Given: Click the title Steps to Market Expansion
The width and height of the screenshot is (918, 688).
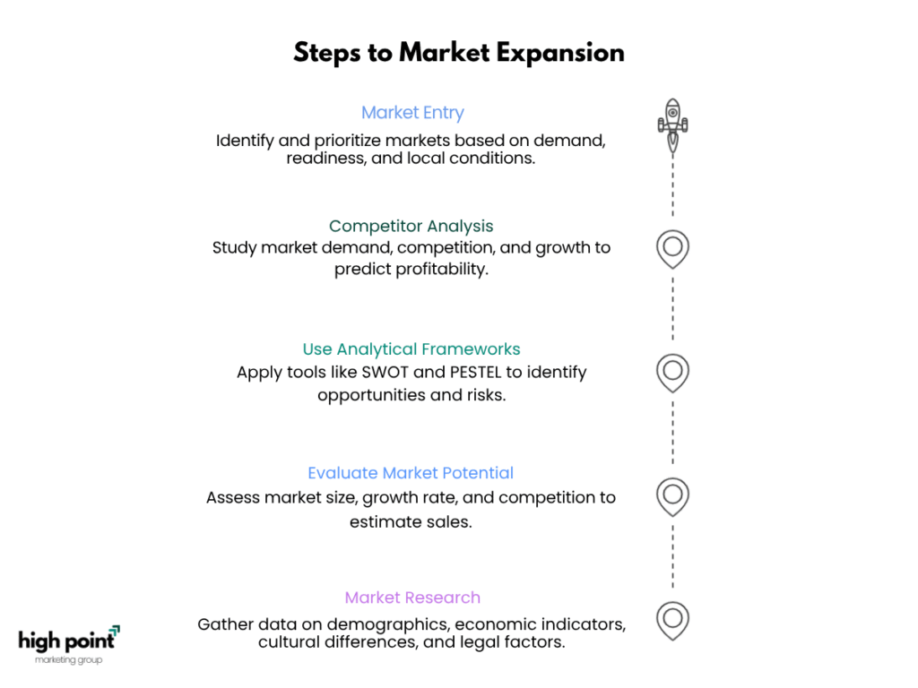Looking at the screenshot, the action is tap(459, 53).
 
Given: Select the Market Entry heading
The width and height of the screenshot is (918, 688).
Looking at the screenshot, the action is tap(412, 112).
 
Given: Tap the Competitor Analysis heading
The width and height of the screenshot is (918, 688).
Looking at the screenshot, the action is tap(411, 226).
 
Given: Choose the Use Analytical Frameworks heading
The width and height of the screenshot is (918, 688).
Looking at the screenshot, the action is tap(411, 348).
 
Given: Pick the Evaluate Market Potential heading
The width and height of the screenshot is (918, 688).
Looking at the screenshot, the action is tap(411, 473).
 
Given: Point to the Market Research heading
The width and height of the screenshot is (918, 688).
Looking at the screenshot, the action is tap(412, 598).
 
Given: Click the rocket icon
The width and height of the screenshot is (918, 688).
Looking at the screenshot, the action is tap(672, 125).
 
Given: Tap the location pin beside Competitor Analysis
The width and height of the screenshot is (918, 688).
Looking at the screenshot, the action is tap(672, 249).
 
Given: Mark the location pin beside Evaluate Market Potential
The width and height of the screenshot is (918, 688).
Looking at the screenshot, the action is tap(672, 497).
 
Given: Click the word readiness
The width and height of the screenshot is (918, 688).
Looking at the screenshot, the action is tap(325, 158).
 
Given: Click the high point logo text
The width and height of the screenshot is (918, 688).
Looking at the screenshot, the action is tap(66, 641).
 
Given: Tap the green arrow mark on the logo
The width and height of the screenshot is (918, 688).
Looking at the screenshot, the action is tap(115, 630).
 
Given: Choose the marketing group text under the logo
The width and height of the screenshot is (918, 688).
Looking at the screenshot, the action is tap(68, 660).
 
